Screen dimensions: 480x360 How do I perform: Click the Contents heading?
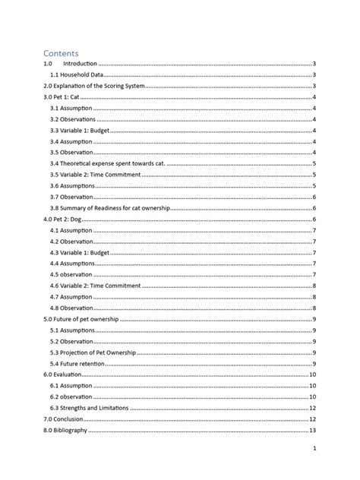(61, 53)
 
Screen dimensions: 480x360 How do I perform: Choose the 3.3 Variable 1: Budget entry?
(81, 131)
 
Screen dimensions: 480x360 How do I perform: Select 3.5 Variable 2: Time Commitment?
(95, 175)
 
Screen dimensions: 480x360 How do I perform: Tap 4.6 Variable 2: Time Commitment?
(95, 285)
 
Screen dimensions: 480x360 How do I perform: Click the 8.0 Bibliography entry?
(65, 431)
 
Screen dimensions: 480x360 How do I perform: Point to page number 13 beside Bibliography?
(312, 431)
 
